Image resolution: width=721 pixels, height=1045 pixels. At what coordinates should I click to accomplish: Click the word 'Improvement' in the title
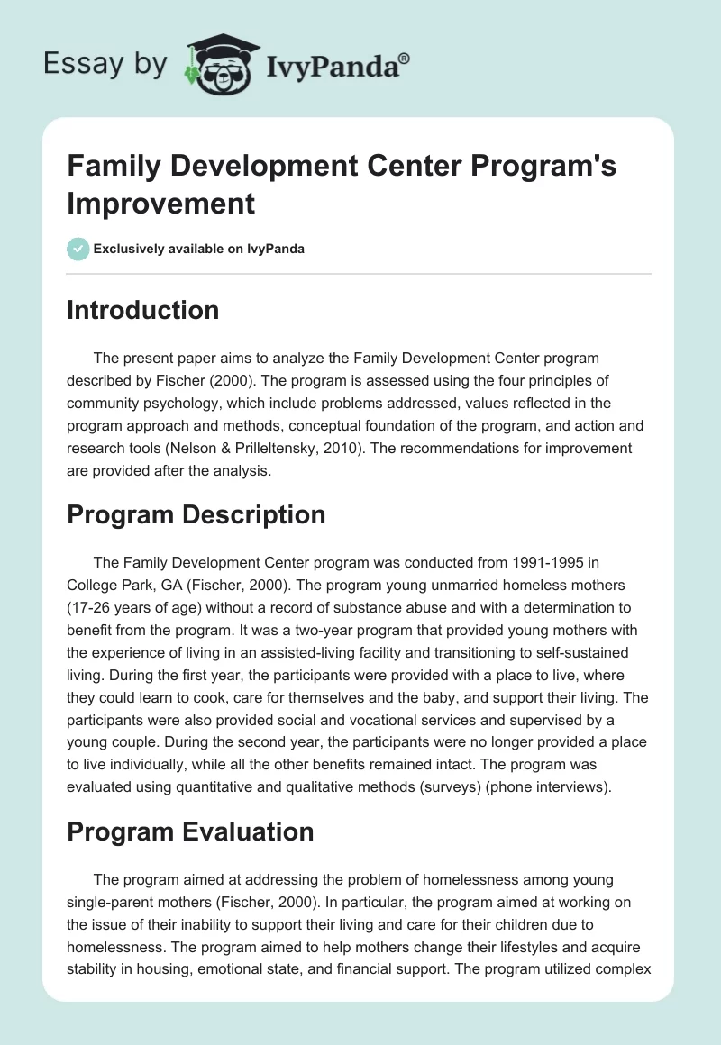(x=161, y=202)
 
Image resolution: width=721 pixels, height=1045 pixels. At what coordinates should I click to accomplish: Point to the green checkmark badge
(x=78, y=249)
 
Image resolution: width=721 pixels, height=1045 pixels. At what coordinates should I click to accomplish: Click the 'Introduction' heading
(x=143, y=310)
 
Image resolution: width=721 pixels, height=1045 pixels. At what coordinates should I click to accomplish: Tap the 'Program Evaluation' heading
(x=190, y=831)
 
